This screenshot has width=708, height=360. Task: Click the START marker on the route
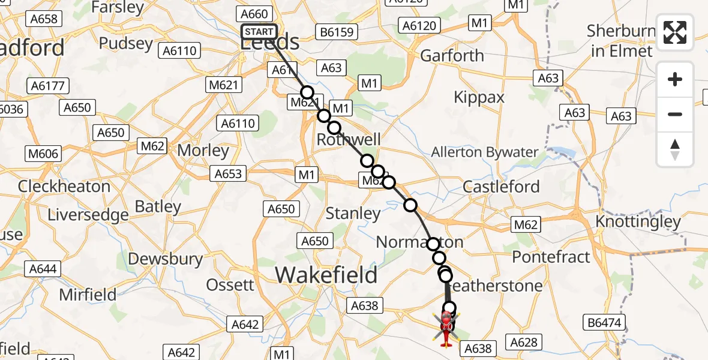259,32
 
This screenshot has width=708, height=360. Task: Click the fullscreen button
675,32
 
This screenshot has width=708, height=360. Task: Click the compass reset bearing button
675,149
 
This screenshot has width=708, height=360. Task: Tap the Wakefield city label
326,275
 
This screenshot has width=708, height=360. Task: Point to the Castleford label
502,187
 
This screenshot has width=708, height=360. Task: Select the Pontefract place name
551,257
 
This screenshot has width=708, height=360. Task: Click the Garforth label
452,56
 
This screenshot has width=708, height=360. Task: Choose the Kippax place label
479,97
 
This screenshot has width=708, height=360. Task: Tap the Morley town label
203,151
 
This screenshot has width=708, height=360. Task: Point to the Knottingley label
638,222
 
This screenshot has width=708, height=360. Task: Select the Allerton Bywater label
485,152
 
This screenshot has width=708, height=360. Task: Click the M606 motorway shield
43,154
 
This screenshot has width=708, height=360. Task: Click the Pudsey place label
126,43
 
